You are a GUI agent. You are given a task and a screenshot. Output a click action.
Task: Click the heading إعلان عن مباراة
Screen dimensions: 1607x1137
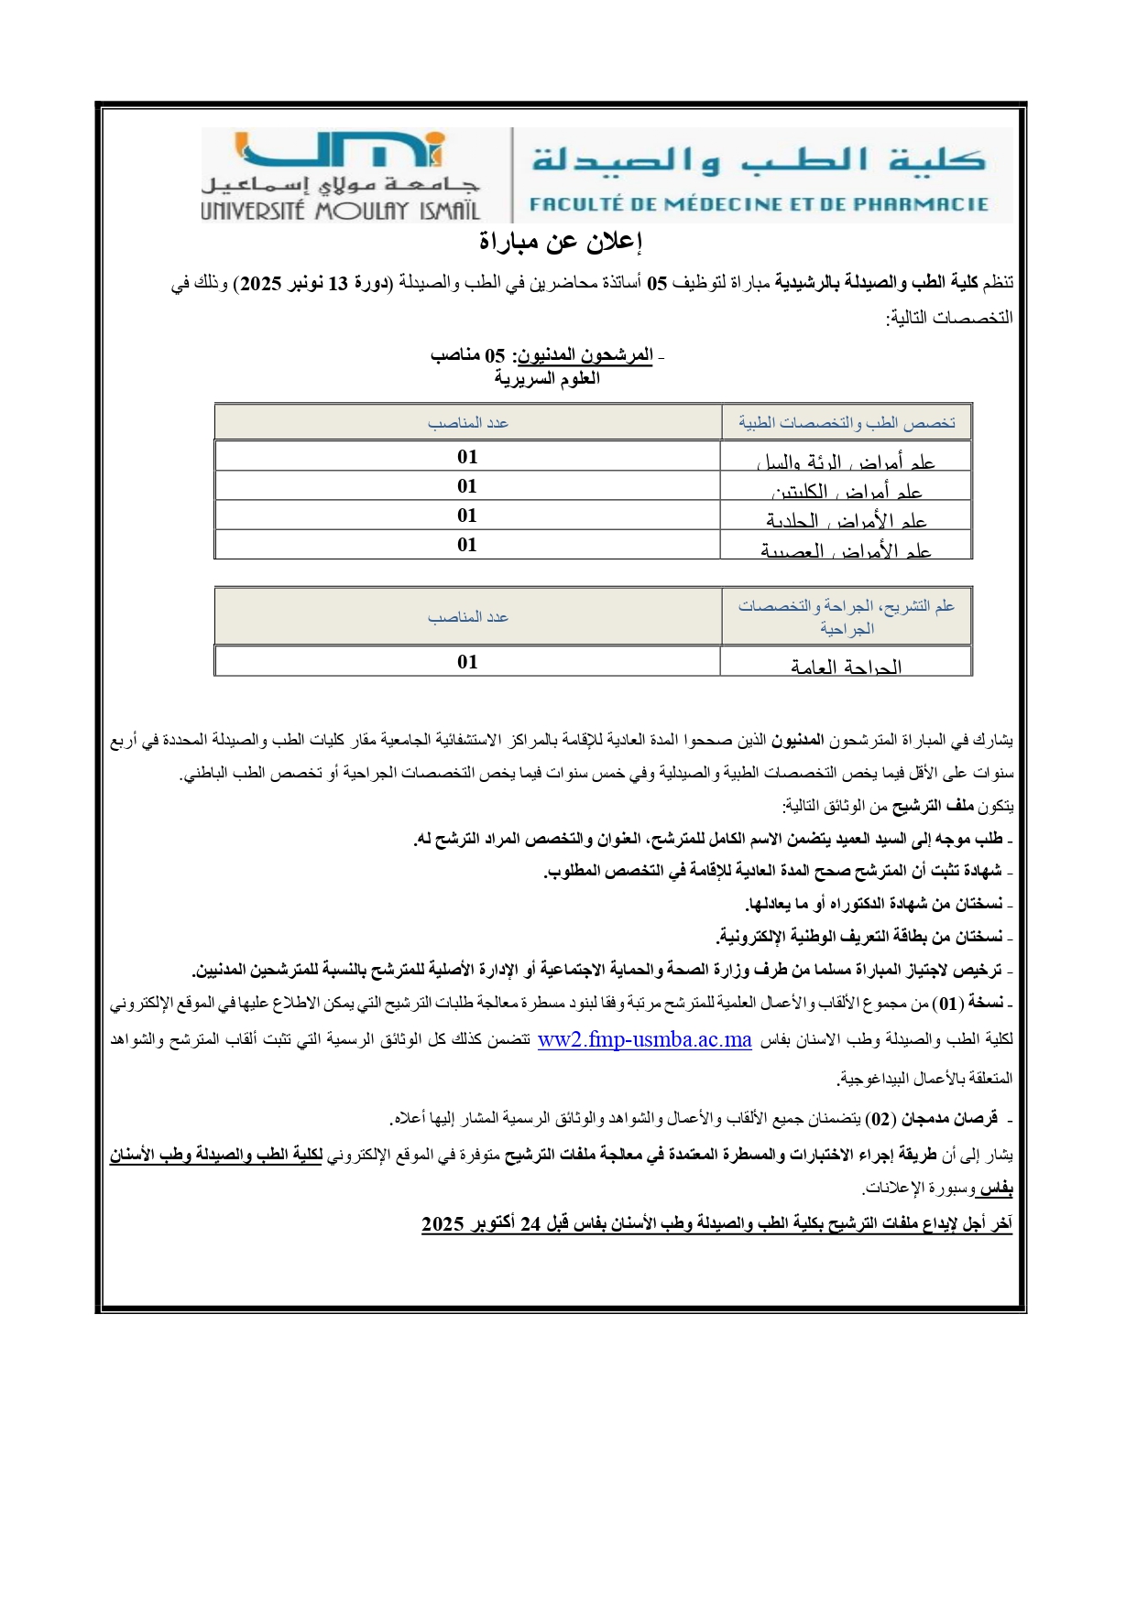click(561, 242)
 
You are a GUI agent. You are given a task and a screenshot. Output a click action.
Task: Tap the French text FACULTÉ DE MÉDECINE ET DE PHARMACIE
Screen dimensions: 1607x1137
click(759, 204)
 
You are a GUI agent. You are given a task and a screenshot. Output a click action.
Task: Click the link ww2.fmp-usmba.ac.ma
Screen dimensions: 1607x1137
click(644, 1040)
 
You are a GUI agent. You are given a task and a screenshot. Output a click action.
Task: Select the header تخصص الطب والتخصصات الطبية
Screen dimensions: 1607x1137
click(847, 422)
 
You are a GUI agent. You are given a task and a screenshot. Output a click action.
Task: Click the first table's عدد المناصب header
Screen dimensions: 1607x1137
click(467, 422)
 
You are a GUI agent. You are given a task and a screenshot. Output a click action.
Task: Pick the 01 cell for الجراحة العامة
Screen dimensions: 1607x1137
click(467, 661)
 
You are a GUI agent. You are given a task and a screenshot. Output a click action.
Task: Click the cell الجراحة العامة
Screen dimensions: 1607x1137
click(846, 666)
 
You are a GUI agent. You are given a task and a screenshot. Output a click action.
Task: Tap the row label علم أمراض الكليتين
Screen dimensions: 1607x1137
click(846, 491)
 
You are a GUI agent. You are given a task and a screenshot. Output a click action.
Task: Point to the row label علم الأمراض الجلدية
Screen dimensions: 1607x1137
click(846, 520)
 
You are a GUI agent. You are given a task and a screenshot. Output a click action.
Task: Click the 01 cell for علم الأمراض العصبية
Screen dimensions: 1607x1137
click(467, 545)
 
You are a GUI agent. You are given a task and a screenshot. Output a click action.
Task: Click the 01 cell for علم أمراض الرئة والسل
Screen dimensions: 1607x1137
click(467, 457)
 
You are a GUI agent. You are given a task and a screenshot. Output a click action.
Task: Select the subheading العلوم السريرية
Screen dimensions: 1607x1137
click(547, 378)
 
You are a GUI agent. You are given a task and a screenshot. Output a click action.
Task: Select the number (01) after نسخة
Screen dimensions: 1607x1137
click(949, 1004)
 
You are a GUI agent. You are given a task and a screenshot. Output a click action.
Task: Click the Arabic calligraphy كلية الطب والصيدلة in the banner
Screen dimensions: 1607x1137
click(759, 161)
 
